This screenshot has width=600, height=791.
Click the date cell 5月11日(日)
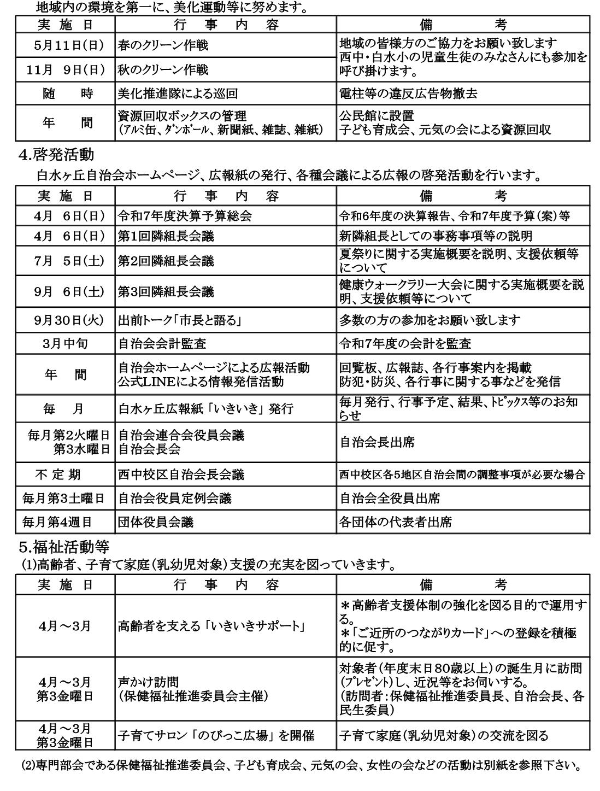[66, 45]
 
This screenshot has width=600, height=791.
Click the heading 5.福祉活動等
[63, 546]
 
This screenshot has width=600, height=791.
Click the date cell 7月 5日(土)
[66, 261]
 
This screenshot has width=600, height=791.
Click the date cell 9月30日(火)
[66, 320]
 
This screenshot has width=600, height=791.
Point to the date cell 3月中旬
[66, 343]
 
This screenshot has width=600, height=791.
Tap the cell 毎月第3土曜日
[66, 498]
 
